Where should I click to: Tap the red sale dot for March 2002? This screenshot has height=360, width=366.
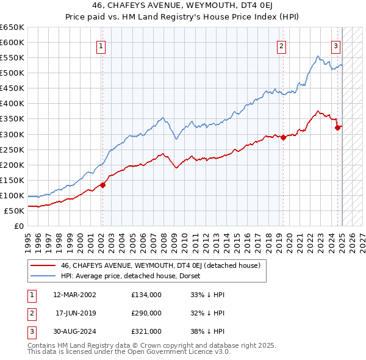(x=102, y=185)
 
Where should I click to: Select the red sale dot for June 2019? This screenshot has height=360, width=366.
(x=284, y=137)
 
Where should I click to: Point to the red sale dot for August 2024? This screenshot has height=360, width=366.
(x=337, y=128)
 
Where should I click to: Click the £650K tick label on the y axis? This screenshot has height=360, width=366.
(x=12, y=27)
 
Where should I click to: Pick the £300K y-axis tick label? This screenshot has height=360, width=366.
(x=12, y=134)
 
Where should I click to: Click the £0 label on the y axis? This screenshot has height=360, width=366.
(x=19, y=226)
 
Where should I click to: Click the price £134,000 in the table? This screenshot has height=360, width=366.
(x=146, y=295)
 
